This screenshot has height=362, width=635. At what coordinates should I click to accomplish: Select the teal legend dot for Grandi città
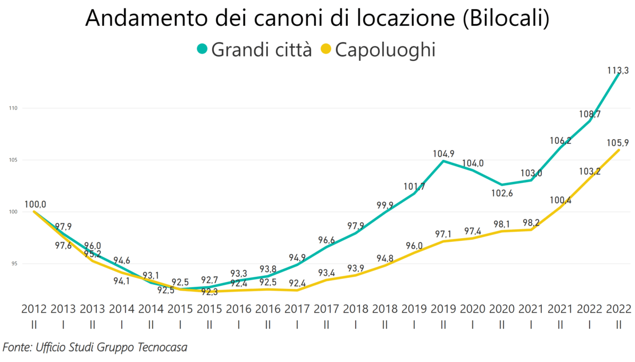coord(202,50)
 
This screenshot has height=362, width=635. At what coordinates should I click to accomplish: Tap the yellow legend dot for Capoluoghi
coord(326,50)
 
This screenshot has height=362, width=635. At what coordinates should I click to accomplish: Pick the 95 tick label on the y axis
coord(14,264)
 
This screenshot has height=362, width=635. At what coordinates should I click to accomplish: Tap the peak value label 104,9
coord(443,154)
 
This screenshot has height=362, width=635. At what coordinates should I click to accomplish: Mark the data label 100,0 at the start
coord(35,204)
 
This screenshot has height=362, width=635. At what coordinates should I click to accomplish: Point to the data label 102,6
coord(501,193)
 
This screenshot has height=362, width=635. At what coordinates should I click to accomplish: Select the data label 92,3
coord(210,292)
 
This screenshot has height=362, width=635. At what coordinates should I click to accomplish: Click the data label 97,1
coord(442,234)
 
